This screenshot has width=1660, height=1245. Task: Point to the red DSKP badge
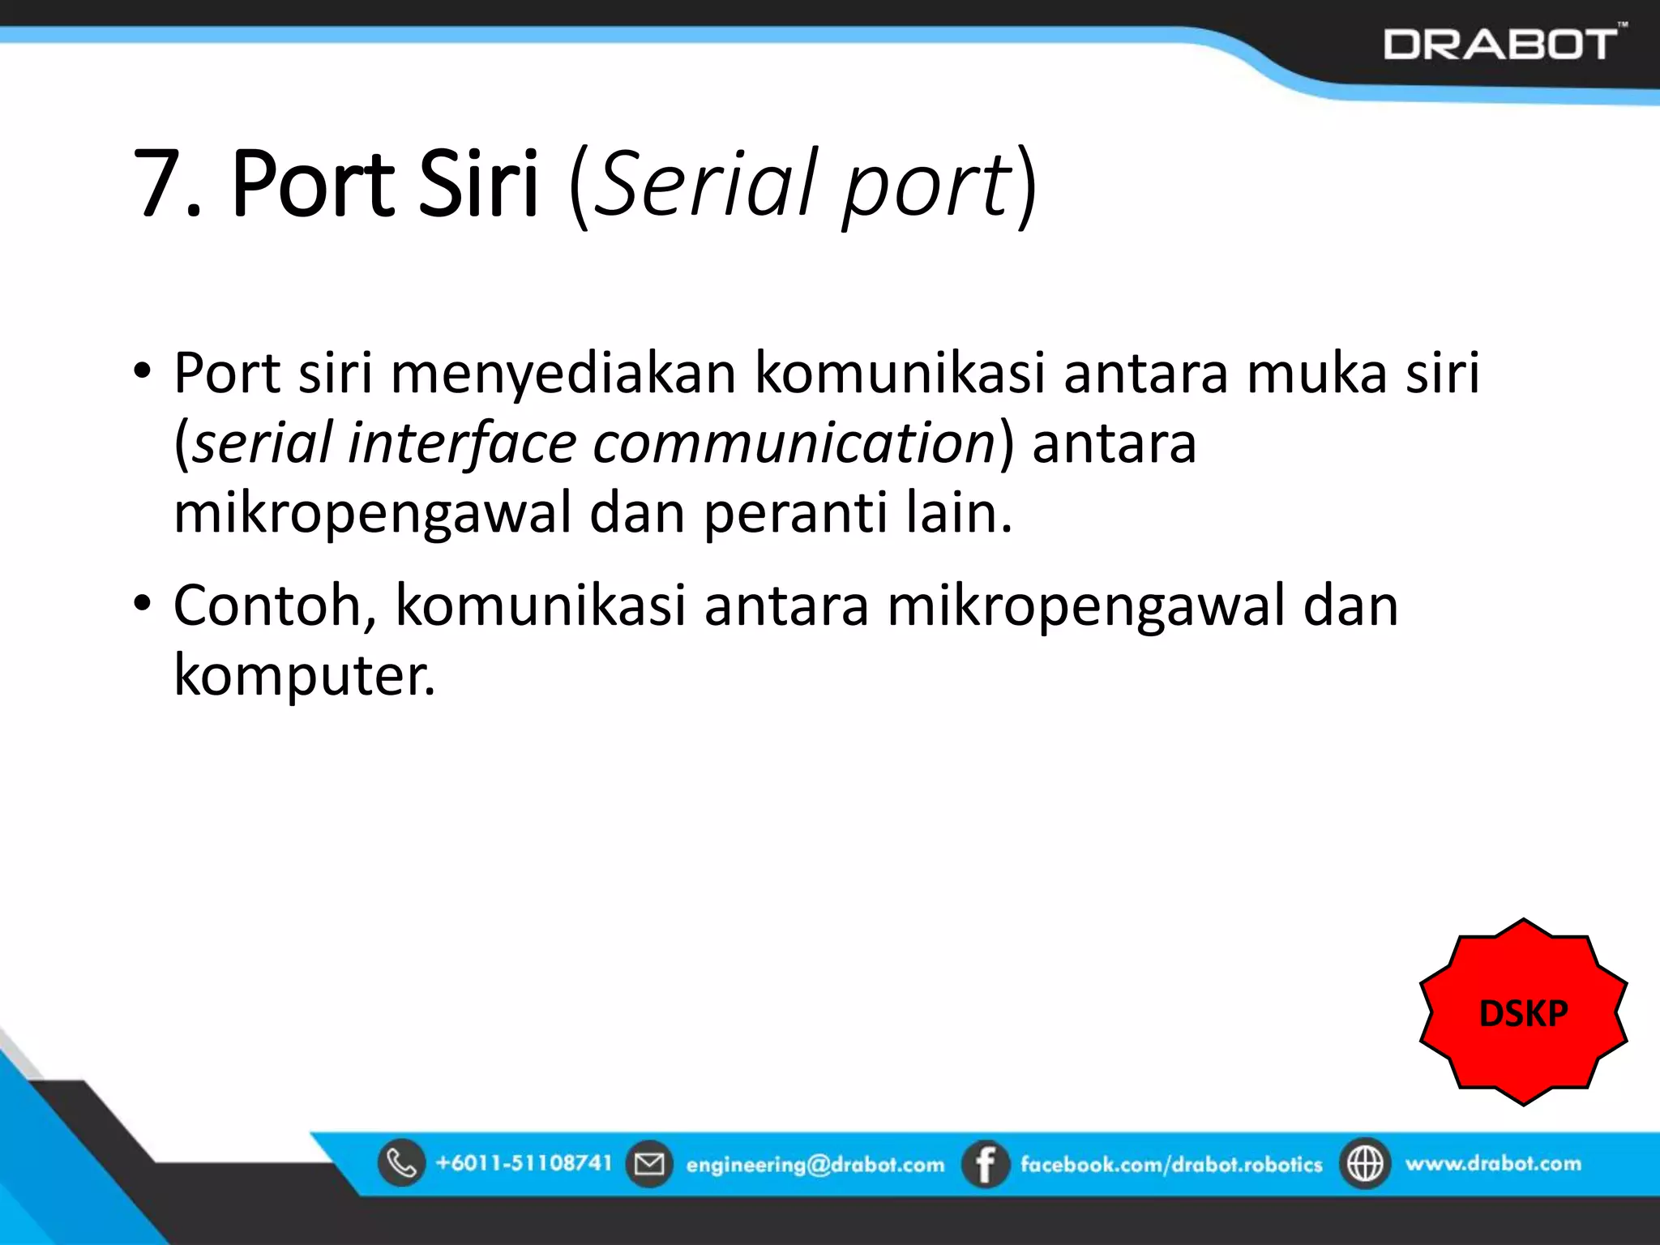click(x=1523, y=1013)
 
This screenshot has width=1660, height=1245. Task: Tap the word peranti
click(x=794, y=513)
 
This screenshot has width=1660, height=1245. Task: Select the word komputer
click(x=304, y=675)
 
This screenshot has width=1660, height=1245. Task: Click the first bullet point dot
click(x=143, y=372)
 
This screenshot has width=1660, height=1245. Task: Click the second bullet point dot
click(x=143, y=604)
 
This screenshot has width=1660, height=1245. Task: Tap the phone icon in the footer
click(x=401, y=1163)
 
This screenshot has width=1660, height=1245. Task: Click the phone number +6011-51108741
click(x=524, y=1163)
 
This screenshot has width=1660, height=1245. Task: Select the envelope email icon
click(x=648, y=1164)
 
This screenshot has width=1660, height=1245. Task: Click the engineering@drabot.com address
click(x=815, y=1165)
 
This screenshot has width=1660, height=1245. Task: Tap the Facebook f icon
click(x=985, y=1164)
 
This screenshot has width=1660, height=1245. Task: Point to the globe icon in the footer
click(x=1365, y=1164)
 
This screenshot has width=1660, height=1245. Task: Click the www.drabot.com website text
click(x=1493, y=1164)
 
